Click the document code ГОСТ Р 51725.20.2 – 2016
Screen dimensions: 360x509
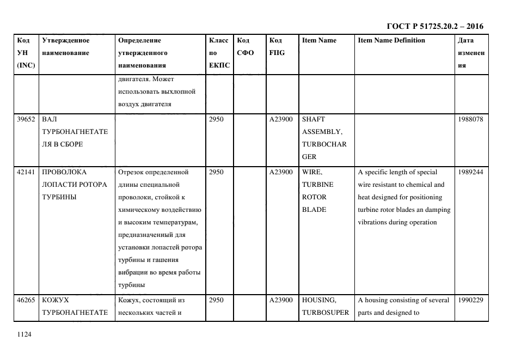pyautogui.click(x=434, y=26)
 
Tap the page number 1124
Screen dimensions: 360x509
pyautogui.click(x=24, y=335)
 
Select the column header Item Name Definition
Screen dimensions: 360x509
pyautogui.click(x=391, y=40)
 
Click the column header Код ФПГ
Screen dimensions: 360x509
pyautogui.click(x=277, y=47)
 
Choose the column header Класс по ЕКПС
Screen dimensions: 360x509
pyautogui.click(x=219, y=53)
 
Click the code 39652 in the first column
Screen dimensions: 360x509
pyautogui.click(x=26, y=119)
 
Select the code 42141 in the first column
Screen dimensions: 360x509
pyautogui.click(x=26, y=172)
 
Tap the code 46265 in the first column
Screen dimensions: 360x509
pyautogui.click(x=26, y=300)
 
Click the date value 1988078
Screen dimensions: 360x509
pyautogui.click(x=470, y=119)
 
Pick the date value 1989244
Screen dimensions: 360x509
pyautogui.click(x=470, y=172)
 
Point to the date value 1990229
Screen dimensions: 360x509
pyautogui.click(x=470, y=300)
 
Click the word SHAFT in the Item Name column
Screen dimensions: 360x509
pyautogui.click(x=313, y=119)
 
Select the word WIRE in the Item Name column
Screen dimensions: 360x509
pyautogui.click(x=312, y=172)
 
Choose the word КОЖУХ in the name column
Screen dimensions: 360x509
pyautogui.click(x=56, y=300)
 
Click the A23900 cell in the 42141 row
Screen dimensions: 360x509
pyautogui.click(x=281, y=172)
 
